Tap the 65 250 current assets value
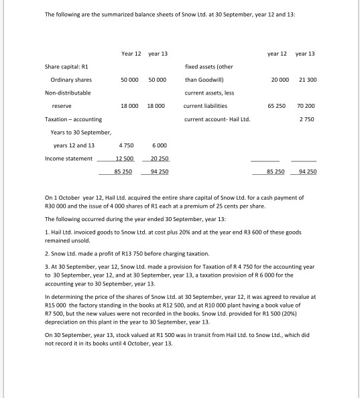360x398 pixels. [x=278, y=106]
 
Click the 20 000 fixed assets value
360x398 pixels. [x=278, y=80]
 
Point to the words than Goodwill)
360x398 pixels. [x=204, y=80]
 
